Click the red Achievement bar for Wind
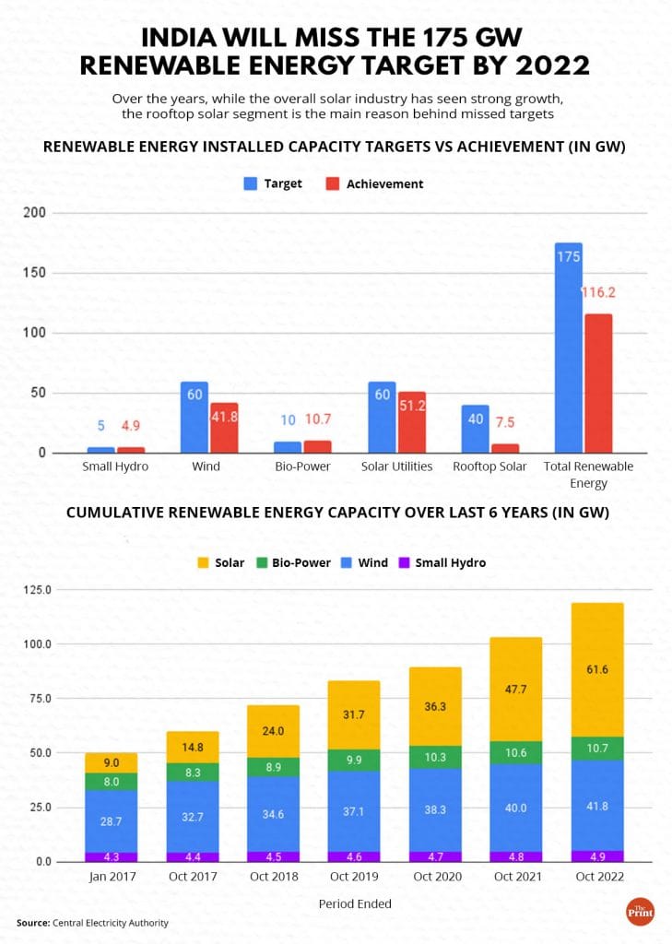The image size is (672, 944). [x=224, y=428]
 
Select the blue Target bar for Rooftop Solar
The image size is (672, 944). [x=477, y=429]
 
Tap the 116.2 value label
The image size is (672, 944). [x=598, y=292]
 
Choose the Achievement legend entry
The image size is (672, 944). [x=375, y=183]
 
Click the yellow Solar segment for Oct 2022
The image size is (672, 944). [x=597, y=669]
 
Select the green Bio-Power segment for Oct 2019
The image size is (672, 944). [x=356, y=760]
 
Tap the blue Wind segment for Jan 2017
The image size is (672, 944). [x=112, y=820]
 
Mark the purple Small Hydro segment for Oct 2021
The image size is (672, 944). [x=516, y=856]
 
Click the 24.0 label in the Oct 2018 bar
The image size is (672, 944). [x=274, y=731]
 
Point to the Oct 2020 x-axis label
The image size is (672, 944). [x=437, y=877]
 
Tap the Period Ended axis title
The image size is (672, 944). [x=355, y=903]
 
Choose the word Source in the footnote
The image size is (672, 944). [x=32, y=922]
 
